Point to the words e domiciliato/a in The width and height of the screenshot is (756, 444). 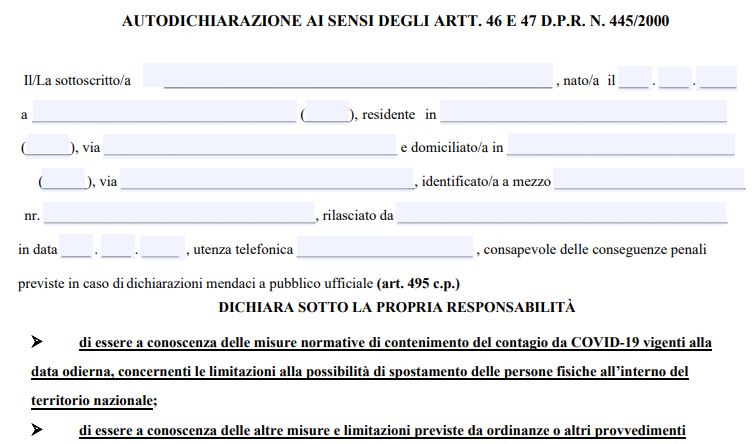click(451, 148)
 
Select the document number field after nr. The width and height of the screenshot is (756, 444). click(179, 214)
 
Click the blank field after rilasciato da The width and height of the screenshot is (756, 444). click(561, 214)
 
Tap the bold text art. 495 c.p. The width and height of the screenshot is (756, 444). click(418, 284)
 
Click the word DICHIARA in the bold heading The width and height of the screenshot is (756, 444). click(253, 307)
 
